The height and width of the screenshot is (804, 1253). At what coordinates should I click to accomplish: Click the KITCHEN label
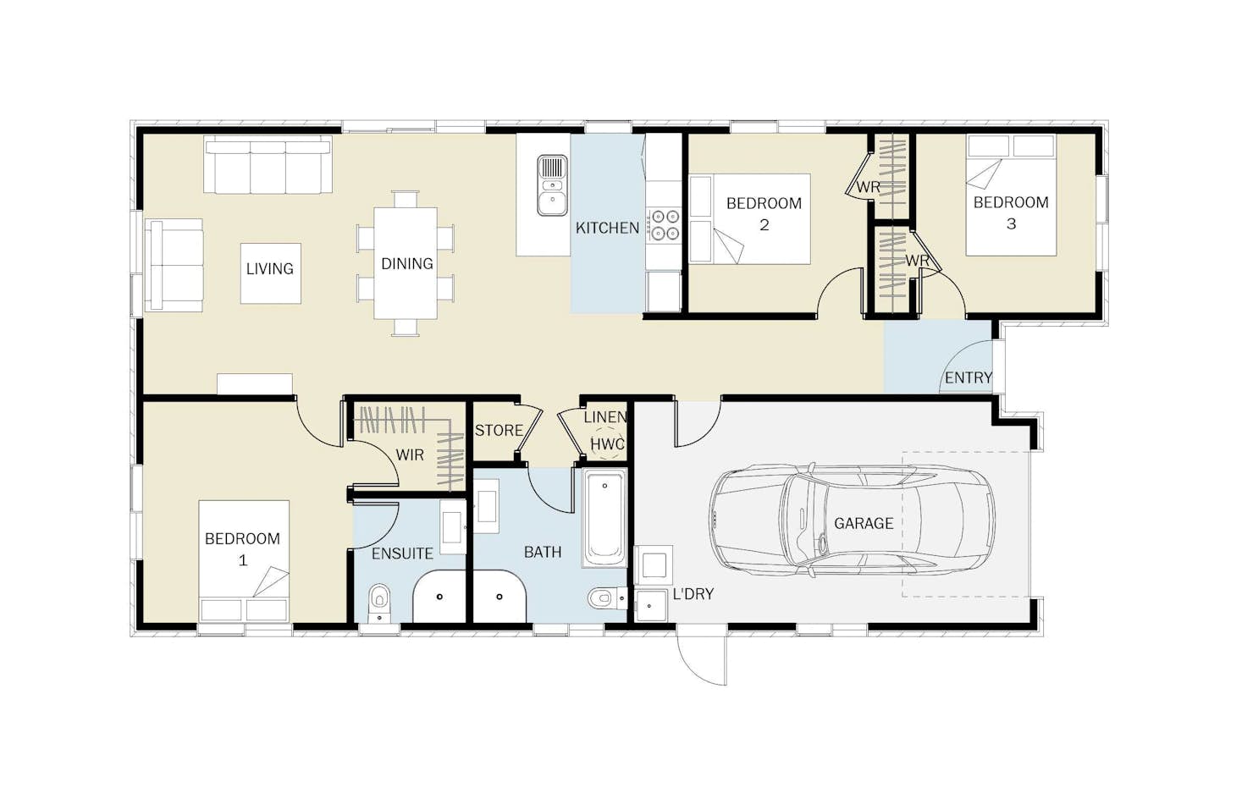607,228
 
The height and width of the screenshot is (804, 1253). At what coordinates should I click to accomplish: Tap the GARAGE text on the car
863,523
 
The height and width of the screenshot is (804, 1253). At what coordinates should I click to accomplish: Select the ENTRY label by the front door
969,378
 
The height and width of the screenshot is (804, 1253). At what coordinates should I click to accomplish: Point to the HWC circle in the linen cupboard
607,444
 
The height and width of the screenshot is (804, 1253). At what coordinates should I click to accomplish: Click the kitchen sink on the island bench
552,185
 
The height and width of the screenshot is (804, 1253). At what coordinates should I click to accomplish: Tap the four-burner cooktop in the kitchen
664,224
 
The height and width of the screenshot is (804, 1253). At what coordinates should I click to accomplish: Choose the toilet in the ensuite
380,603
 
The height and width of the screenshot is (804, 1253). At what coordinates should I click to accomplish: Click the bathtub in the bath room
604,518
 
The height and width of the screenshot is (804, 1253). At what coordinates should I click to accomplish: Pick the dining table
406,263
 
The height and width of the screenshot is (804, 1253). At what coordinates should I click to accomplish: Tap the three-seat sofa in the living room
268,164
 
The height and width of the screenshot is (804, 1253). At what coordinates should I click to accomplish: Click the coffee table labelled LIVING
271,273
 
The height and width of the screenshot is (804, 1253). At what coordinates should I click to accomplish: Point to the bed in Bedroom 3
1012,195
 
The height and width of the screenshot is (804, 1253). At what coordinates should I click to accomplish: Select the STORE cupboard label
499,430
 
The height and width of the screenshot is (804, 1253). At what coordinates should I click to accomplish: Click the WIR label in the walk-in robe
410,455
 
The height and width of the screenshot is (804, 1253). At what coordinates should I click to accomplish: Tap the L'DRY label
693,594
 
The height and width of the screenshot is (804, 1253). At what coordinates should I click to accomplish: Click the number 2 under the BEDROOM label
764,225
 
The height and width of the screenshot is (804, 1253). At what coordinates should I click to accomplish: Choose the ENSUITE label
403,553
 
